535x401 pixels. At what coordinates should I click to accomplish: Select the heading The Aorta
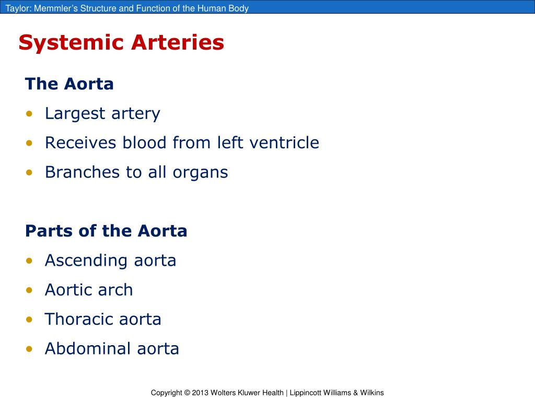[x=69, y=84]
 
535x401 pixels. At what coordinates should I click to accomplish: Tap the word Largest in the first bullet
[x=73, y=114]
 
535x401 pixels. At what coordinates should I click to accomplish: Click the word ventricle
[x=284, y=143]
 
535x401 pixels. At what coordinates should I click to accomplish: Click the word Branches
[x=83, y=172]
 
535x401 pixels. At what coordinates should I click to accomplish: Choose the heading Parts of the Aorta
[x=106, y=231]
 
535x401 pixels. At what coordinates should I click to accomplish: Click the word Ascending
[x=85, y=261]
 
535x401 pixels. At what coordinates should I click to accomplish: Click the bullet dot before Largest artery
[x=30, y=114]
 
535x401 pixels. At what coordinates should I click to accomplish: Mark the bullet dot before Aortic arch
[x=30, y=290]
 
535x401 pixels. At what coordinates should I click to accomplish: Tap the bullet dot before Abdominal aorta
[x=30, y=349]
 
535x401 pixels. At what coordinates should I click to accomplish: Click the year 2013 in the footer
[x=200, y=393]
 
